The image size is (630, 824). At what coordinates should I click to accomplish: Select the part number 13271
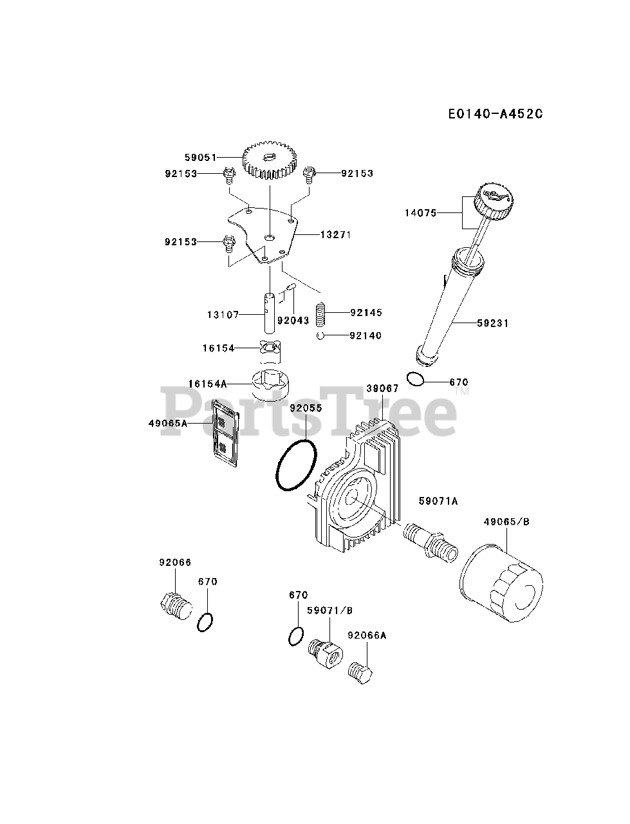point(335,235)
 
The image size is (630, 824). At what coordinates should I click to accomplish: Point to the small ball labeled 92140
point(320,335)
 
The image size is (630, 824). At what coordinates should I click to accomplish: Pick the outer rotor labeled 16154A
point(270,384)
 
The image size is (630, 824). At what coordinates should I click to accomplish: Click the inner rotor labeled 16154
point(271,348)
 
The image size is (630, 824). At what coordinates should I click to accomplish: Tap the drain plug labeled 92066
point(174,605)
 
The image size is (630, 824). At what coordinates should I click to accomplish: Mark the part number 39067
point(382,389)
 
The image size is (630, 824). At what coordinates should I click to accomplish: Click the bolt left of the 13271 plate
point(227,243)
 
